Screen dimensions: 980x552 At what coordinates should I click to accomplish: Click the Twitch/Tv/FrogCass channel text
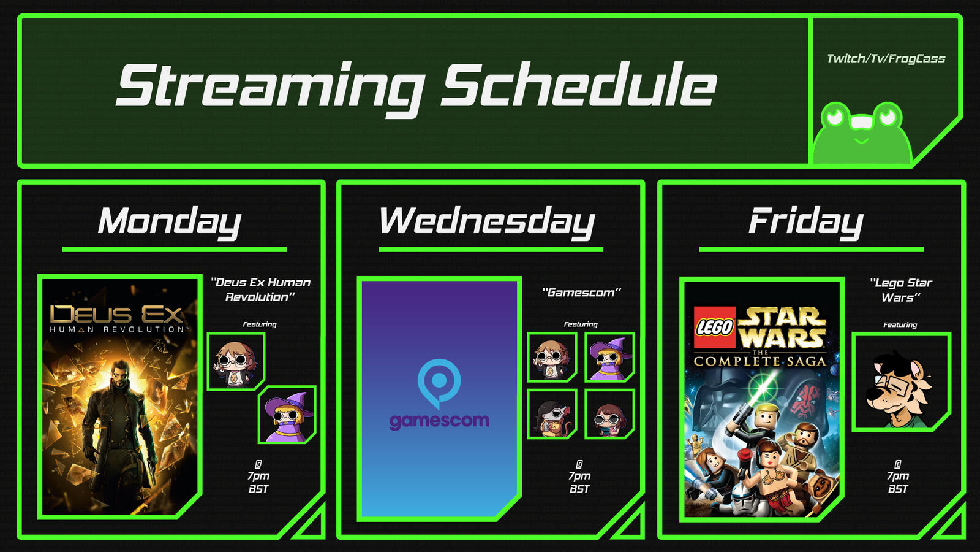pyautogui.click(x=886, y=59)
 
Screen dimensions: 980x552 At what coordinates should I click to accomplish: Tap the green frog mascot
pyautogui.click(x=861, y=133)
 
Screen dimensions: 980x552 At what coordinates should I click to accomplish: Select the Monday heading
pyautogui.click(x=170, y=222)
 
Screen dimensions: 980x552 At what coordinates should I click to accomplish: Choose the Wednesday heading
pyautogui.click(x=487, y=222)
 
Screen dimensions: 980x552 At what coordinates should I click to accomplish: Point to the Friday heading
pyautogui.click(x=806, y=222)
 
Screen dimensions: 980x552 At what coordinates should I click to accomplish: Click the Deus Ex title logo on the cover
pyautogui.click(x=116, y=319)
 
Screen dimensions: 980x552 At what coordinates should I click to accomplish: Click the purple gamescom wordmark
pyautogui.click(x=439, y=421)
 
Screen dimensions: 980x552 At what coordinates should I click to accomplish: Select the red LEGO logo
pyautogui.click(x=715, y=327)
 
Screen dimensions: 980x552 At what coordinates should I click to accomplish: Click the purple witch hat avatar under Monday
pyautogui.click(x=287, y=415)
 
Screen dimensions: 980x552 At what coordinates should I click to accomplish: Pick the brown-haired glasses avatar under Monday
pyautogui.click(x=236, y=361)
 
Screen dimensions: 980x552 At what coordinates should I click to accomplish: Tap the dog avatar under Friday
pyautogui.click(x=901, y=381)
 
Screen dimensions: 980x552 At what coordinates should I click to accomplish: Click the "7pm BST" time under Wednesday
pyautogui.click(x=579, y=482)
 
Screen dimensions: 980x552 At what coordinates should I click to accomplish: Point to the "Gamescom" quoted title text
pyautogui.click(x=581, y=292)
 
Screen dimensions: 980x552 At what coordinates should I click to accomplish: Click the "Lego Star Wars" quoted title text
pyautogui.click(x=900, y=290)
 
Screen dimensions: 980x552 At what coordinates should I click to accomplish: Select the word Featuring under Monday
pyautogui.click(x=260, y=324)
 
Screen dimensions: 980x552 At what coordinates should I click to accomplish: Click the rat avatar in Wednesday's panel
pyautogui.click(x=552, y=414)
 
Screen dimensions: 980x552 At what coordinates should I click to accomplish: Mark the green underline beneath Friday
pyautogui.click(x=811, y=249)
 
